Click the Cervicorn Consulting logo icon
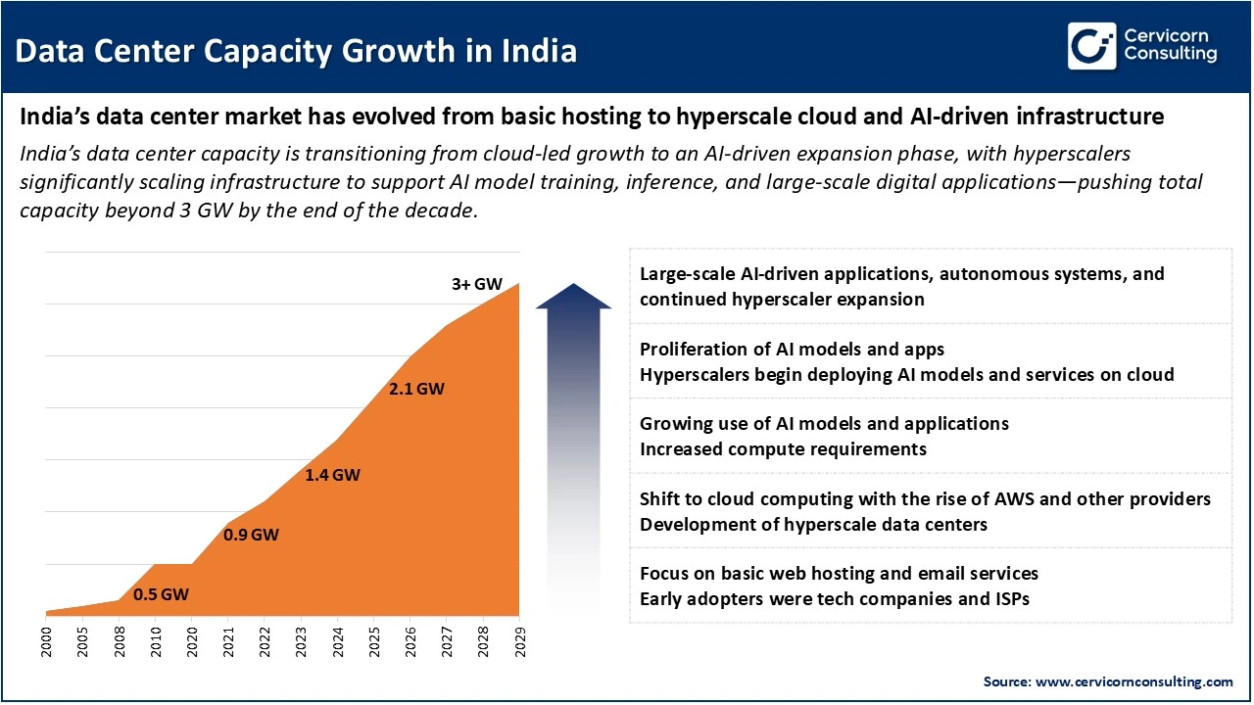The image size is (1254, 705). click(1092, 46)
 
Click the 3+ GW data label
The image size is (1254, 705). click(476, 284)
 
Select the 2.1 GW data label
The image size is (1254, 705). click(416, 389)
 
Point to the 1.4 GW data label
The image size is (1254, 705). click(332, 476)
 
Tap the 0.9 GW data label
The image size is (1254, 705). click(251, 535)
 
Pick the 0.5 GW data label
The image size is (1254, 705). click(161, 594)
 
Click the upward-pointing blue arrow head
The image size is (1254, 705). click(573, 296)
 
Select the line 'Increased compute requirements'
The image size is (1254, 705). click(783, 449)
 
